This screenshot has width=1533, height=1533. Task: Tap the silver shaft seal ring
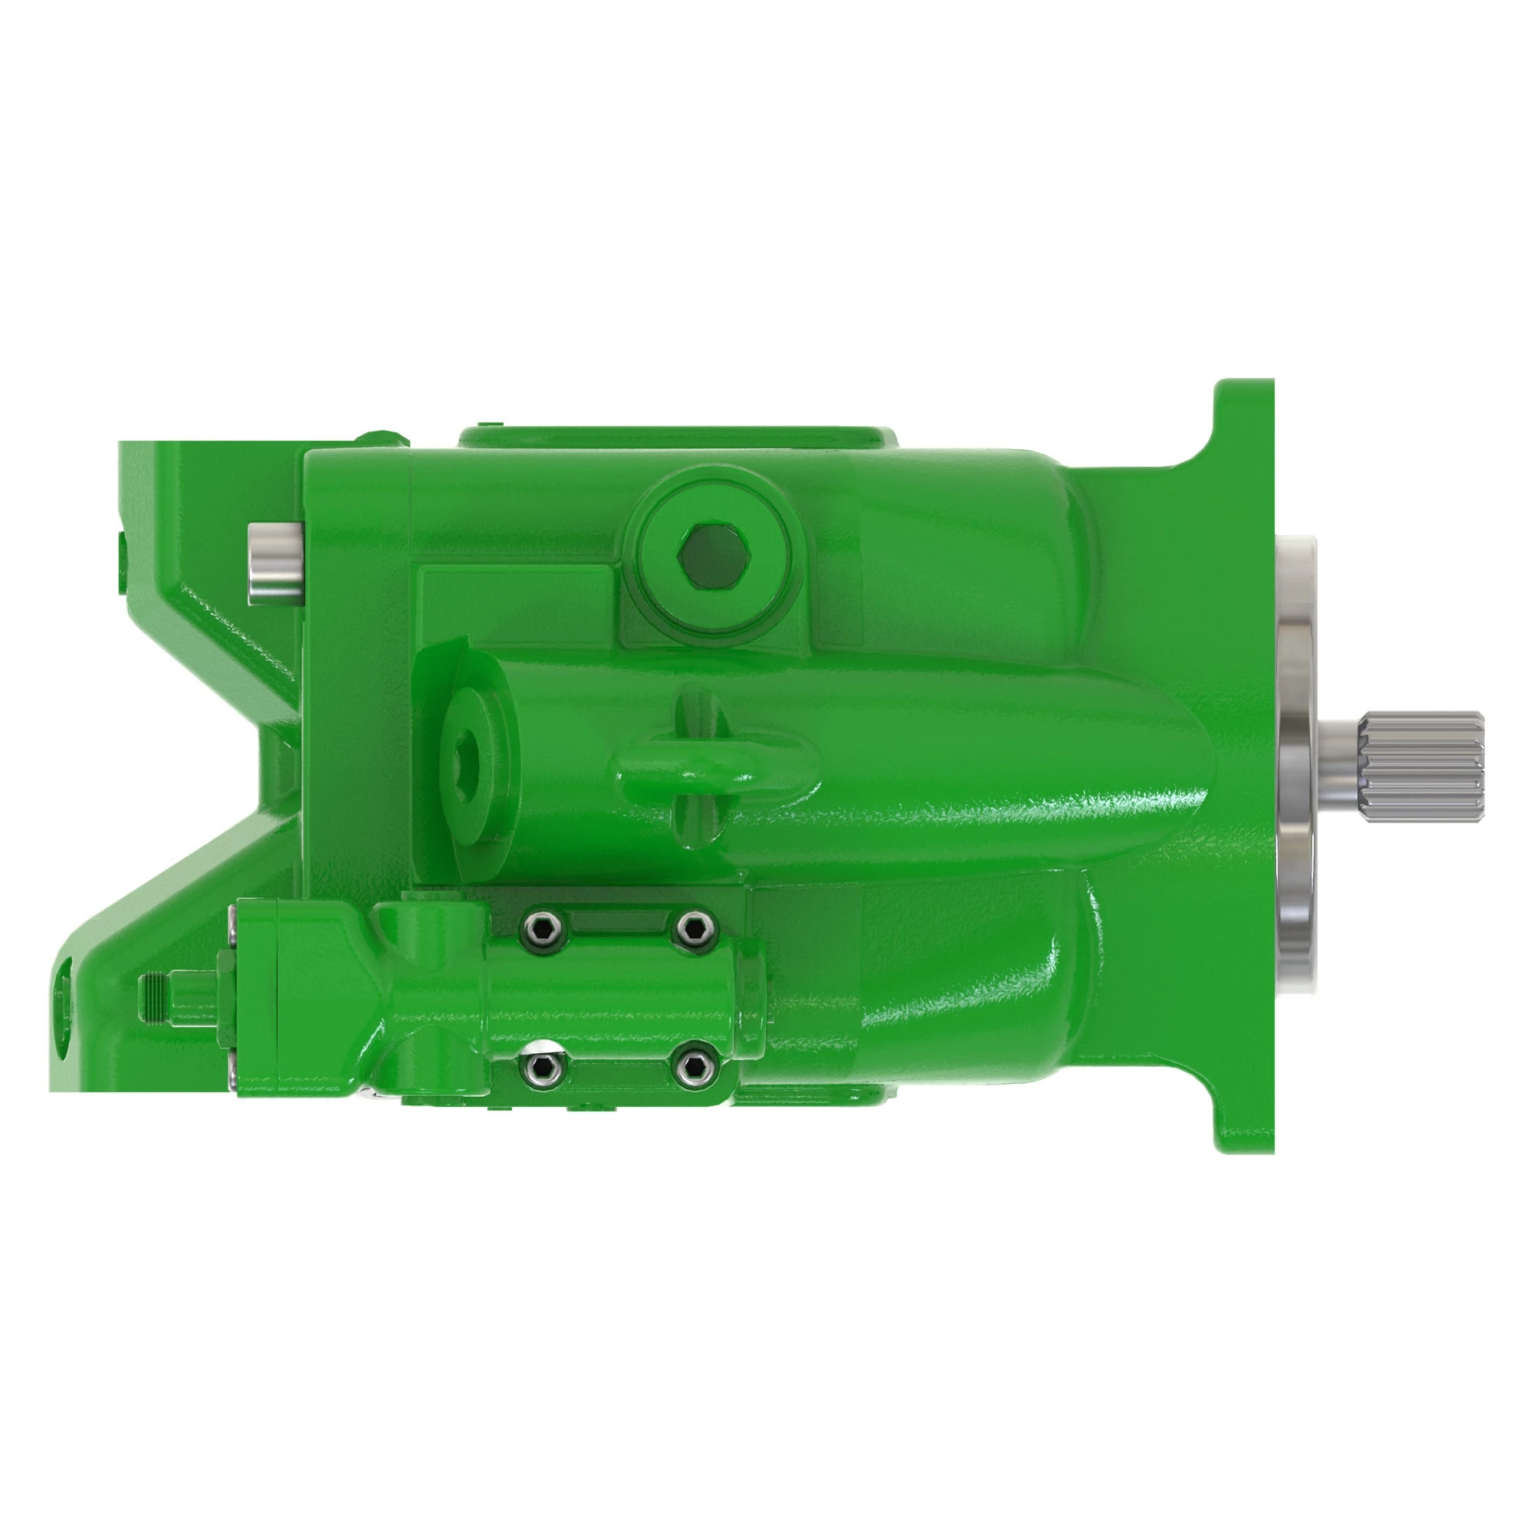click(1302, 762)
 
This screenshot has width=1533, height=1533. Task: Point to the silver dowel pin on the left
click(274, 563)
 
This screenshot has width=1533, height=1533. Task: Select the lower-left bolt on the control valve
click(541, 1069)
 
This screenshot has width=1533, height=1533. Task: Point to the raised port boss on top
click(678, 437)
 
